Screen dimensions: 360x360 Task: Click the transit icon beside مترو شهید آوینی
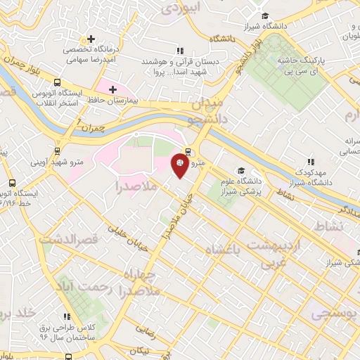click(56, 150)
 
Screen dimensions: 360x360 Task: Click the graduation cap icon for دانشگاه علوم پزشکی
click(240, 171)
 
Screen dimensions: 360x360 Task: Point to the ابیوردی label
click(181, 8)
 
